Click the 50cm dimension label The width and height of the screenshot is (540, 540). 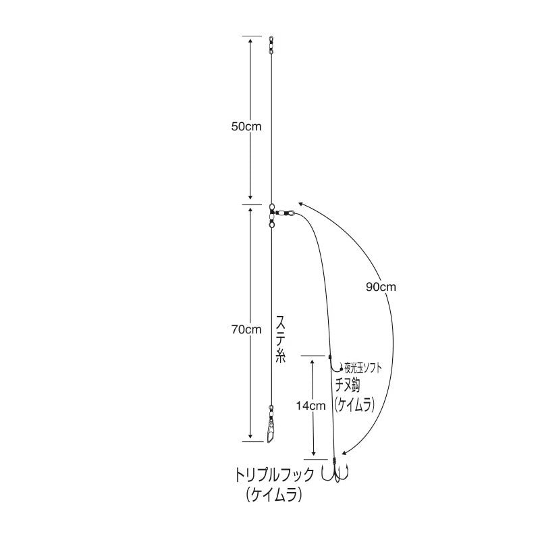pos(246,126)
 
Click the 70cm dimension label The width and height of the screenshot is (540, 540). pos(246,329)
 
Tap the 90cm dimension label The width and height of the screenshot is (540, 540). pos(381,287)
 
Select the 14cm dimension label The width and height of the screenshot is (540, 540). pos(310,406)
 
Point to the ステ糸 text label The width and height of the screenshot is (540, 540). pos(281,339)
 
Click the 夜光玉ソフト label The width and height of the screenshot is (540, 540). pos(363,369)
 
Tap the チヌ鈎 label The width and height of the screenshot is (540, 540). pos(348,386)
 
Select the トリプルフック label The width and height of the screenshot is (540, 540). pos(275,475)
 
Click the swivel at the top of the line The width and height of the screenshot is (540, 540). pos(271,45)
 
